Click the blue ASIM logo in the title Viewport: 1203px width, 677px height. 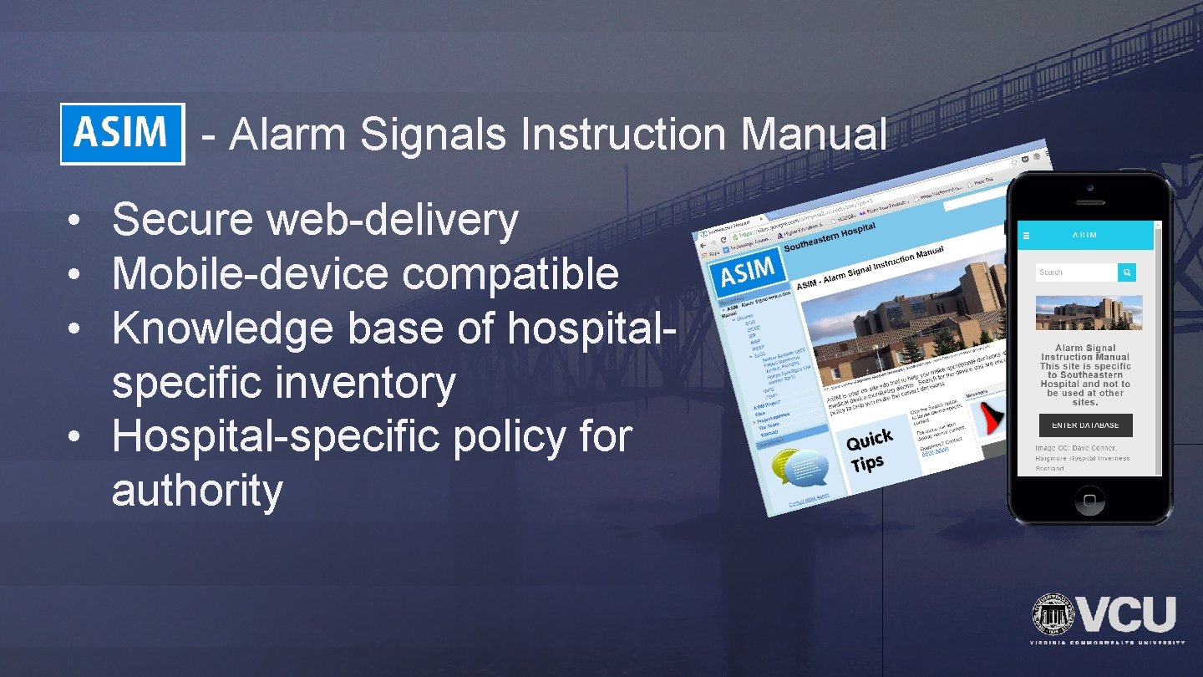pyautogui.click(x=122, y=134)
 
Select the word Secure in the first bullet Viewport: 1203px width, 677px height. pyautogui.click(x=182, y=221)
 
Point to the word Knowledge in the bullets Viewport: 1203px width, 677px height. pyautogui.click(x=222, y=329)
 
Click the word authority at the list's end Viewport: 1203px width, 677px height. pyautogui.click(x=197, y=491)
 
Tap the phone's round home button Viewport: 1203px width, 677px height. pyautogui.click(x=1089, y=501)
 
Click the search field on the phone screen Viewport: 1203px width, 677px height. pyautogui.click(x=1076, y=272)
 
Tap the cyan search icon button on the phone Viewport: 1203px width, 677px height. pyautogui.click(x=1127, y=272)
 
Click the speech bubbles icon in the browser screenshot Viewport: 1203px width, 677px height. pyautogui.click(x=799, y=469)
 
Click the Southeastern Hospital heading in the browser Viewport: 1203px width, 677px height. pyautogui.click(x=830, y=237)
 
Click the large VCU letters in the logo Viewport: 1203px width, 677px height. pyautogui.click(x=1129, y=616)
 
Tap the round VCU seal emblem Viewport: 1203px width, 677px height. pyautogui.click(x=1053, y=616)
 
